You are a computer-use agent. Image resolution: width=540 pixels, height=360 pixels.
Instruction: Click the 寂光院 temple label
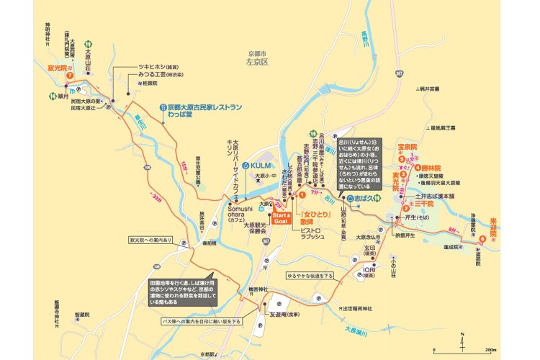pyautogui.click(x=57, y=65)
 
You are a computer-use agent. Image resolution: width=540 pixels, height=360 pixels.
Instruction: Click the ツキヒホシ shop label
pyautogui.click(x=158, y=66)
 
